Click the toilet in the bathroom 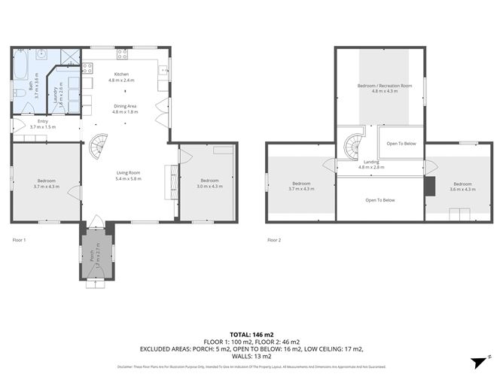(x=18, y=93)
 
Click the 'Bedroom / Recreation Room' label (x=384, y=86)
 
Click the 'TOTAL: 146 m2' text (x=251, y=333)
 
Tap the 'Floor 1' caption (x=20, y=240)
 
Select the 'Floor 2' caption (x=274, y=240)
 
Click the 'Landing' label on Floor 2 (x=370, y=161)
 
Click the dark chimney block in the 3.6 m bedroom (x=430, y=186)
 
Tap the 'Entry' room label (x=43, y=122)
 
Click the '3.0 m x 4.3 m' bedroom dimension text (x=209, y=186)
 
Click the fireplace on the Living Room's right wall (x=172, y=182)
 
